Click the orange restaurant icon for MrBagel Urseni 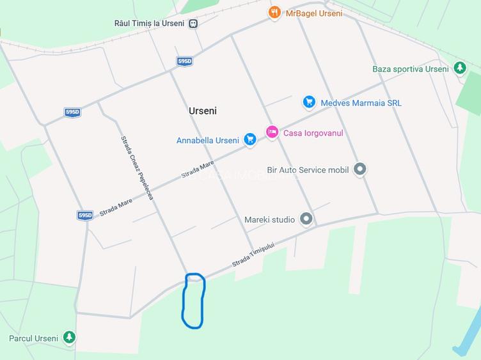click(x=274, y=12)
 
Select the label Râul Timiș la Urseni click(x=149, y=23)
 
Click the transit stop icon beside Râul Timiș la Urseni click(x=193, y=24)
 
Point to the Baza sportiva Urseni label click(x=411, y=69)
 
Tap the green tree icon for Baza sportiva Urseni click(x=459, y=68)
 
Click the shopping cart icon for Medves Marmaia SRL click(x=309, y=102)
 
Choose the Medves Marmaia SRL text click(x=361, y=103)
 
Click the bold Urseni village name click(x=203, y=111)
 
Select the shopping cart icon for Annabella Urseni click(x=249, y=139)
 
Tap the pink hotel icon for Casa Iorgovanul click(x=272, y=132)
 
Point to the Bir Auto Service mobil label click(x=308, y=170)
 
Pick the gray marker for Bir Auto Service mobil click(x=360, y=169)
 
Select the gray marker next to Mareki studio click(x=306, y=219)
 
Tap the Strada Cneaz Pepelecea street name click(x=137, y=168)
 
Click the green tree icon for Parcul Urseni click(x=69, y=337)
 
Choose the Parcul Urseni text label click(x=33, y=338)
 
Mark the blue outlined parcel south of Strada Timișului click(x=193, y=301)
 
